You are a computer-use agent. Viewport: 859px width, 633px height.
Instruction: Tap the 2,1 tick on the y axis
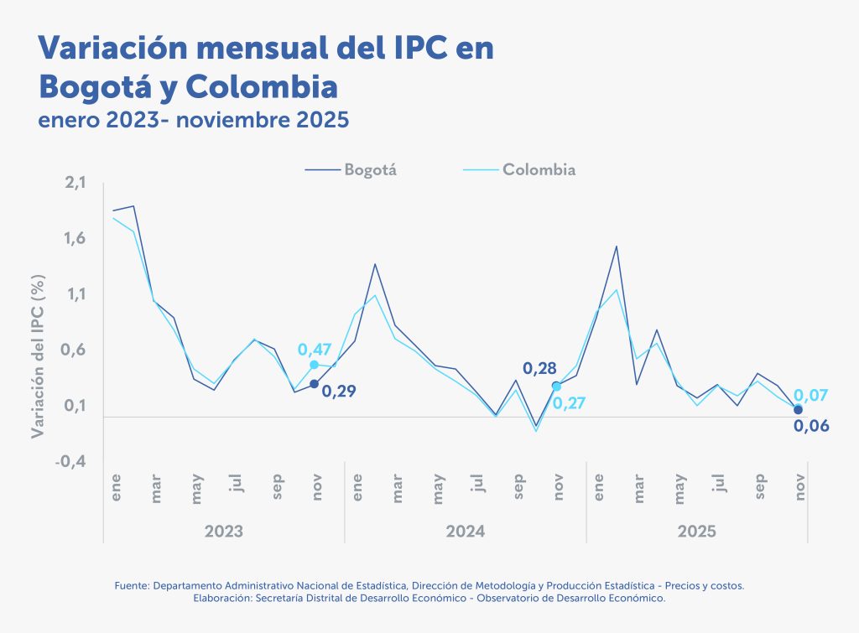pos(75,183)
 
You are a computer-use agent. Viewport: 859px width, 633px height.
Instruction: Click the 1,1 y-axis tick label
pos(75,294)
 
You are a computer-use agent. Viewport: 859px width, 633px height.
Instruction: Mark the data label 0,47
pos(315,349)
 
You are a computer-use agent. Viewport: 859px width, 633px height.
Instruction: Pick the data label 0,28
pos(539,368)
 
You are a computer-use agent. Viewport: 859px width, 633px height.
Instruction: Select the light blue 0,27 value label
pos(570,403)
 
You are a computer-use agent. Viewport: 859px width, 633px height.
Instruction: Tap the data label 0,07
pos(811,394)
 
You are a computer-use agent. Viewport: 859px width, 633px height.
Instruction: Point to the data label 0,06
pos(811,426)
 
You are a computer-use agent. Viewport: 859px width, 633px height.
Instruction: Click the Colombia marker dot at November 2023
pos(315,365)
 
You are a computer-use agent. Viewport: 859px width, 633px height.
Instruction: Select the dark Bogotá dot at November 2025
pos(798,409)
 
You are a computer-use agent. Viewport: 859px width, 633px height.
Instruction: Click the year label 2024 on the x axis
pos(466,532)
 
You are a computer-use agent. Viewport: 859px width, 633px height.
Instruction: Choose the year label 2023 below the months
pos(224,532)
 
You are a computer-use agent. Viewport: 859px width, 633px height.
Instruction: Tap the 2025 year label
pos(696,532)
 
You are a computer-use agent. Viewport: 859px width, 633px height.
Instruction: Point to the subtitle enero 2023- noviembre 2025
pos(193,120)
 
